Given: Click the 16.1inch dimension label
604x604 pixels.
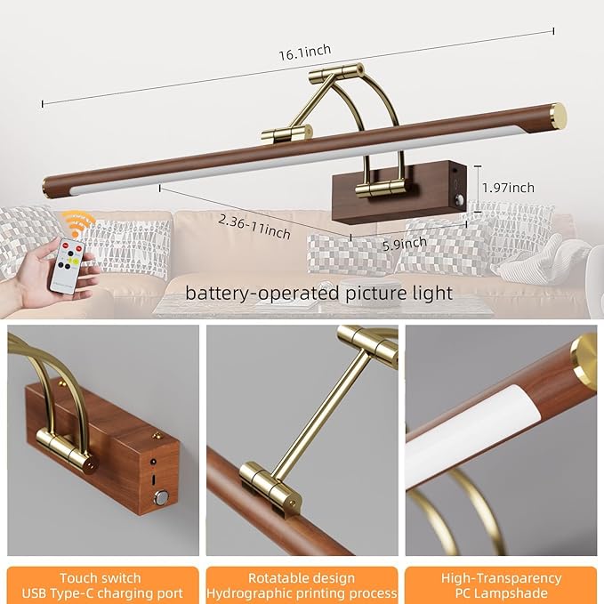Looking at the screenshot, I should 305,52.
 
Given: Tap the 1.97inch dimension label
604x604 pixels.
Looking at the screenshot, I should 508,187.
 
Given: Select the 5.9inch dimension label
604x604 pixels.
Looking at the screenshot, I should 405,241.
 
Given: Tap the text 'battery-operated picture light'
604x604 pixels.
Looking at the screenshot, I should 318,292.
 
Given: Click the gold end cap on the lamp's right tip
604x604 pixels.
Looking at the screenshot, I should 557,115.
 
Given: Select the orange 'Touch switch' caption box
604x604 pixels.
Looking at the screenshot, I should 103,585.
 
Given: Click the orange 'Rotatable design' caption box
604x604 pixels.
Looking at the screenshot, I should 302,585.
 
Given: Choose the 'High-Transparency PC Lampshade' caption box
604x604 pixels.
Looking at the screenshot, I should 501,585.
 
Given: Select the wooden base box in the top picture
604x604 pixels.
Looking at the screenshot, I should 396,193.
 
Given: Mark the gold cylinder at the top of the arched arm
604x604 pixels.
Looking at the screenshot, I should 342,72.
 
